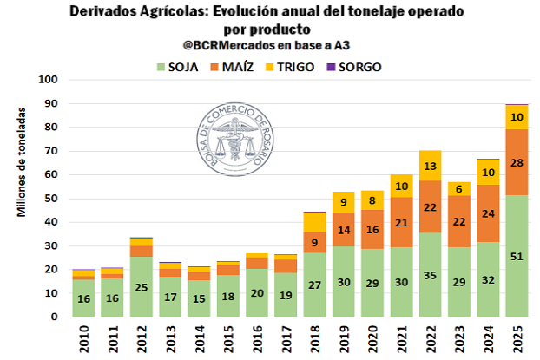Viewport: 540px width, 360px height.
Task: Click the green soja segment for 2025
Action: pos(517,257)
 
